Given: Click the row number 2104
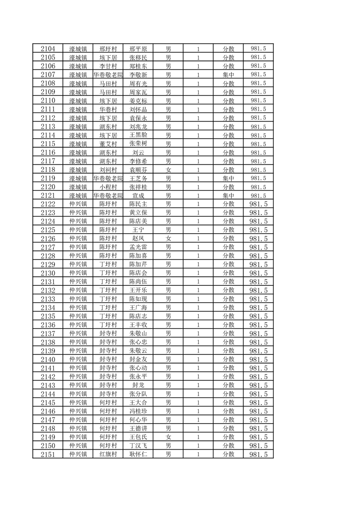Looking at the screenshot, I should pos(48,49).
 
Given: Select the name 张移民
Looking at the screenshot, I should pos(138,57).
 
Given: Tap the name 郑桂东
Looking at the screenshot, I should pos(138,66).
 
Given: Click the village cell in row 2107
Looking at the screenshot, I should pos(108,74).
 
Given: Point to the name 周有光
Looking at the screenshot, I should pos(138,83).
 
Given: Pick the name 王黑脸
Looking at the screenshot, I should pos(138,135).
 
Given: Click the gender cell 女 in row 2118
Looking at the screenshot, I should pos(168,170).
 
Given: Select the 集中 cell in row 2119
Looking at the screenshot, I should pos(228,178).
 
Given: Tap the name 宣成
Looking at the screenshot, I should pos(138,196).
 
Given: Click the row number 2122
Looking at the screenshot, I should pos(48,204).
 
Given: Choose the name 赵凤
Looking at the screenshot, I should pos(138,239).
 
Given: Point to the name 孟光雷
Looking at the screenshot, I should pos(138,247).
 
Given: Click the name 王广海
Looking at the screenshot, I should pos(138,308).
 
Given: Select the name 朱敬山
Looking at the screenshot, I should pos(138,333).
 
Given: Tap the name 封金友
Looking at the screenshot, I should pos(138,359).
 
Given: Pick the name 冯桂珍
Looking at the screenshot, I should pos(138,411).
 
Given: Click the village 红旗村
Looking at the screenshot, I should pos(108,454).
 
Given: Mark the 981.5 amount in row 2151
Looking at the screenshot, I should pos(258,454).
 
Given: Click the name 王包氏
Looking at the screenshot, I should pos(138,437).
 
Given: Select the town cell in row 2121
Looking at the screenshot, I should pos(78,196).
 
